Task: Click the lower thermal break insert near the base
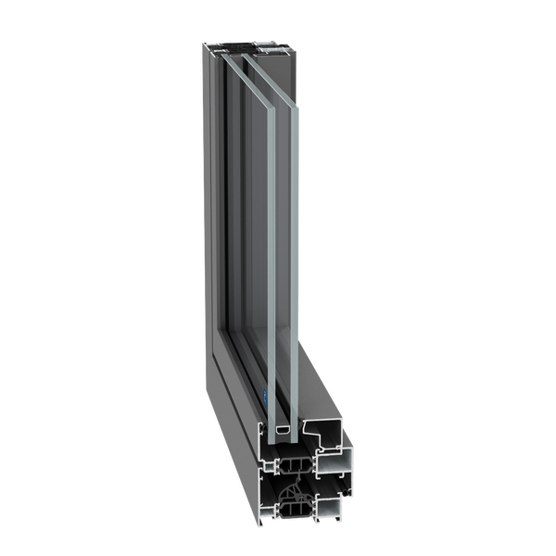coord(295,508)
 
